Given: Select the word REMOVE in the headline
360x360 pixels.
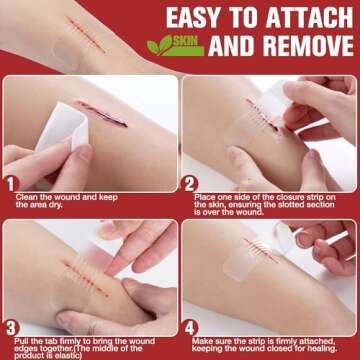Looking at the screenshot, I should pyautogui.click(x=299, y=46).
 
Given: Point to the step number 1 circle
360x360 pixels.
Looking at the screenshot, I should pyautogui.click(x=10, y=184).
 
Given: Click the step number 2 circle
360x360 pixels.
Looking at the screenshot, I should pyautogui.click(x=190, y=184).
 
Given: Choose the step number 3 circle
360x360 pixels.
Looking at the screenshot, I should pyautogui.click(x=10, y=327).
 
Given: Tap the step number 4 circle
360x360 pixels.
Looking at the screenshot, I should pyautogui.click(x=189, y=327).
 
